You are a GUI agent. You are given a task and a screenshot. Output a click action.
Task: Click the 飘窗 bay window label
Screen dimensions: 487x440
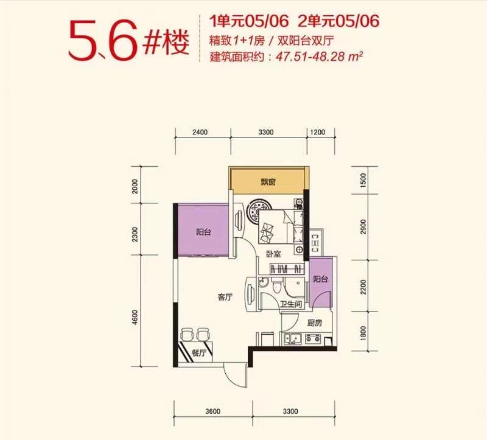(268, 182)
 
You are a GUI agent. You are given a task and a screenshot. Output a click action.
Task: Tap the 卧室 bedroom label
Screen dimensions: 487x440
(273, 254)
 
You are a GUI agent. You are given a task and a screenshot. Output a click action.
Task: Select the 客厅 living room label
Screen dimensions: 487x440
(225, 297)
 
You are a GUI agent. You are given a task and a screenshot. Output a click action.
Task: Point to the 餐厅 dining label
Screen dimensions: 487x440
(199, 353)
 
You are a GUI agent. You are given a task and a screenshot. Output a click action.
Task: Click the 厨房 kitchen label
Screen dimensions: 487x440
(315, 323)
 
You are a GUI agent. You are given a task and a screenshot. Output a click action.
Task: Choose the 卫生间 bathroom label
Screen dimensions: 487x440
(291, 304)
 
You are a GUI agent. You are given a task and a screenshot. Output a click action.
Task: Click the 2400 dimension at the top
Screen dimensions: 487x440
(200, 132)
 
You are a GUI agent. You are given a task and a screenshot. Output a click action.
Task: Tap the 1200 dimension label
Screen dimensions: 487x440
(318, 132)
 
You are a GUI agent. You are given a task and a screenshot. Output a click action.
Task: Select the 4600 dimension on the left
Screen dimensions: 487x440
(135, 317)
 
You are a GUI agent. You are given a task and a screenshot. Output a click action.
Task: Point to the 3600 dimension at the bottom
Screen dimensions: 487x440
(212, 411)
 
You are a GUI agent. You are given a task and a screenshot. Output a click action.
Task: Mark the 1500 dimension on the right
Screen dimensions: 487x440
(363, 180)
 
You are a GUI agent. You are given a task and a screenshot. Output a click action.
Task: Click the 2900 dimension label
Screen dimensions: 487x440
(363, 227)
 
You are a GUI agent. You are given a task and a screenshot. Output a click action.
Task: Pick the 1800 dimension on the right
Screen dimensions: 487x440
(363, 333)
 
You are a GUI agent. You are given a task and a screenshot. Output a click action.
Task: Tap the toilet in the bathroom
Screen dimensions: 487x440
(276, 284)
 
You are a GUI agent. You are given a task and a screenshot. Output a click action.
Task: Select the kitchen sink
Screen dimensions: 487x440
(292, 339)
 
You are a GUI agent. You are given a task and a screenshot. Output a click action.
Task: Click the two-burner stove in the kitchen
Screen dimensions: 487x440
(313, 338)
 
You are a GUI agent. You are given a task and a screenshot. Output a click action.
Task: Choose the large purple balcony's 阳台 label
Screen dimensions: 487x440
(204, 232)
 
